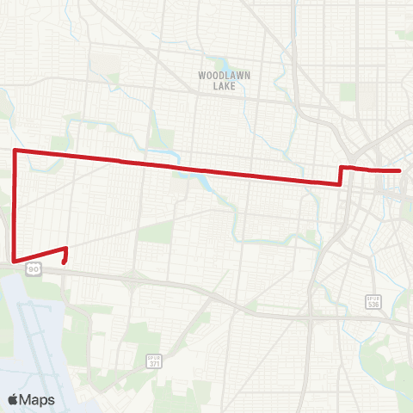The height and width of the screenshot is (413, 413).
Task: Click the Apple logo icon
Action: (13, 399)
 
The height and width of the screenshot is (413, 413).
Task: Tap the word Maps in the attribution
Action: (37, 399)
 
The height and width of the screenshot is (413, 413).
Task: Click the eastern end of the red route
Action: (401, 170)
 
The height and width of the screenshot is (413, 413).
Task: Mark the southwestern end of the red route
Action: (65, 262)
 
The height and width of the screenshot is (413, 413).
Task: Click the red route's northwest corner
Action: (15, 151)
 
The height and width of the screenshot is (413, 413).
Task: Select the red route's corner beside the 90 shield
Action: (15, 259)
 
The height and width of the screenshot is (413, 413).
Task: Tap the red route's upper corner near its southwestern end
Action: (66, 249)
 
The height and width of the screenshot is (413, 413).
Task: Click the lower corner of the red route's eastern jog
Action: (342, 182)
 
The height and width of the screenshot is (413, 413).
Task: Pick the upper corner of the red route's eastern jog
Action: (342, 167)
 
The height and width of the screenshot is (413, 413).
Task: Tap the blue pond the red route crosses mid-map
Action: (207, 181)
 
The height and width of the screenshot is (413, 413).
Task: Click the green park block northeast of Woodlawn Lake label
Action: (348, 91)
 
